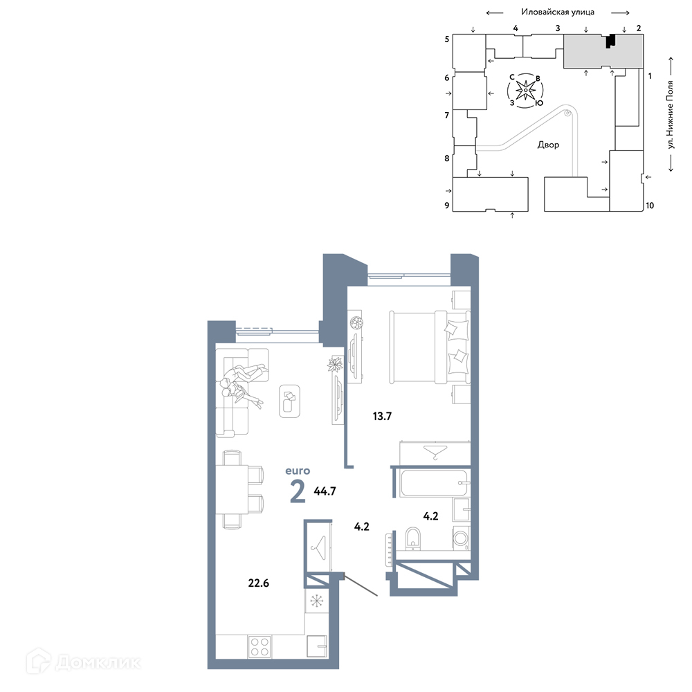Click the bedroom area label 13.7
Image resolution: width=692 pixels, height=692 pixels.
point(382,416)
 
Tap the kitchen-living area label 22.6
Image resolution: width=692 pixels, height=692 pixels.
point(258,583)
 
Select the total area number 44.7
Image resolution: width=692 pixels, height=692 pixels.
point(325,491)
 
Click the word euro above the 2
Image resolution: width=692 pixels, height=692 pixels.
point(298,471)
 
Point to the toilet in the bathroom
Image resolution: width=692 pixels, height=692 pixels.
point(413,539)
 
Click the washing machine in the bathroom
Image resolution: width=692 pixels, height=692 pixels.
point(461,538)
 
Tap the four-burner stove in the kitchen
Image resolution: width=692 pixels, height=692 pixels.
point(259,646)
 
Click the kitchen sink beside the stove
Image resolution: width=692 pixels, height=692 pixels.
point(316,646)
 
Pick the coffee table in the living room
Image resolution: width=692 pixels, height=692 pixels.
point(289,401)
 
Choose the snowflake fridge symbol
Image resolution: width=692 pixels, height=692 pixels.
point(316,601)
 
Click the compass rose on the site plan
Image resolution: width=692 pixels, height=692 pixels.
point(526,91)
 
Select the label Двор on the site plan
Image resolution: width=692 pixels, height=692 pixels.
point(548,145)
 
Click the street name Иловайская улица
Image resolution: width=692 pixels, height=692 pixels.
point(557,12)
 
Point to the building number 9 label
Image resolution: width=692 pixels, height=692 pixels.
point(446,206)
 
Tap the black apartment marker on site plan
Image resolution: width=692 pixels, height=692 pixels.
point(610,41)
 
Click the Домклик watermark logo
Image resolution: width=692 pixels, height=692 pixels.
point(83,662)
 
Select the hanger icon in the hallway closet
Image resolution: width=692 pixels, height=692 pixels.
point(318,547)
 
